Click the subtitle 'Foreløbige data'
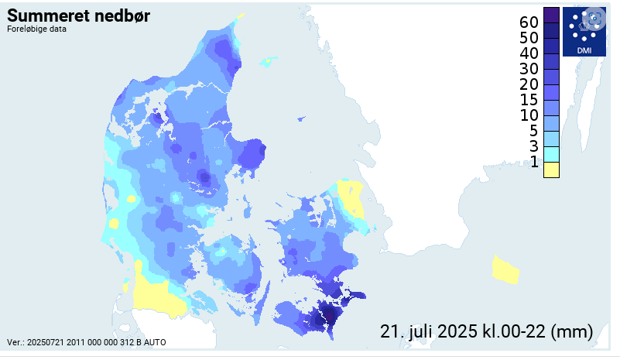pos(36,30)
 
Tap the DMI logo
pos(584,32)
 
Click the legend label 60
pos(529,21)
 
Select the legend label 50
pos(529,37)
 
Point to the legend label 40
pos(529,53)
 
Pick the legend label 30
pos(529,69)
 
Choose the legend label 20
pos(529,84)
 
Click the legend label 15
pos(529,100)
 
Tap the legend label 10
pos(529,115)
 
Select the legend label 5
pos(533,131)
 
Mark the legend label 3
pos(533,146)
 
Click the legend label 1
pos(533,162)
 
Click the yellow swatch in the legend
pos(551,170)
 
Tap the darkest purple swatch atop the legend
pos(551,15)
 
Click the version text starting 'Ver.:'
pos(86,342)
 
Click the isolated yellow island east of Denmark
pos(505,269)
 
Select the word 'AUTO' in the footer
pos(152,342)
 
